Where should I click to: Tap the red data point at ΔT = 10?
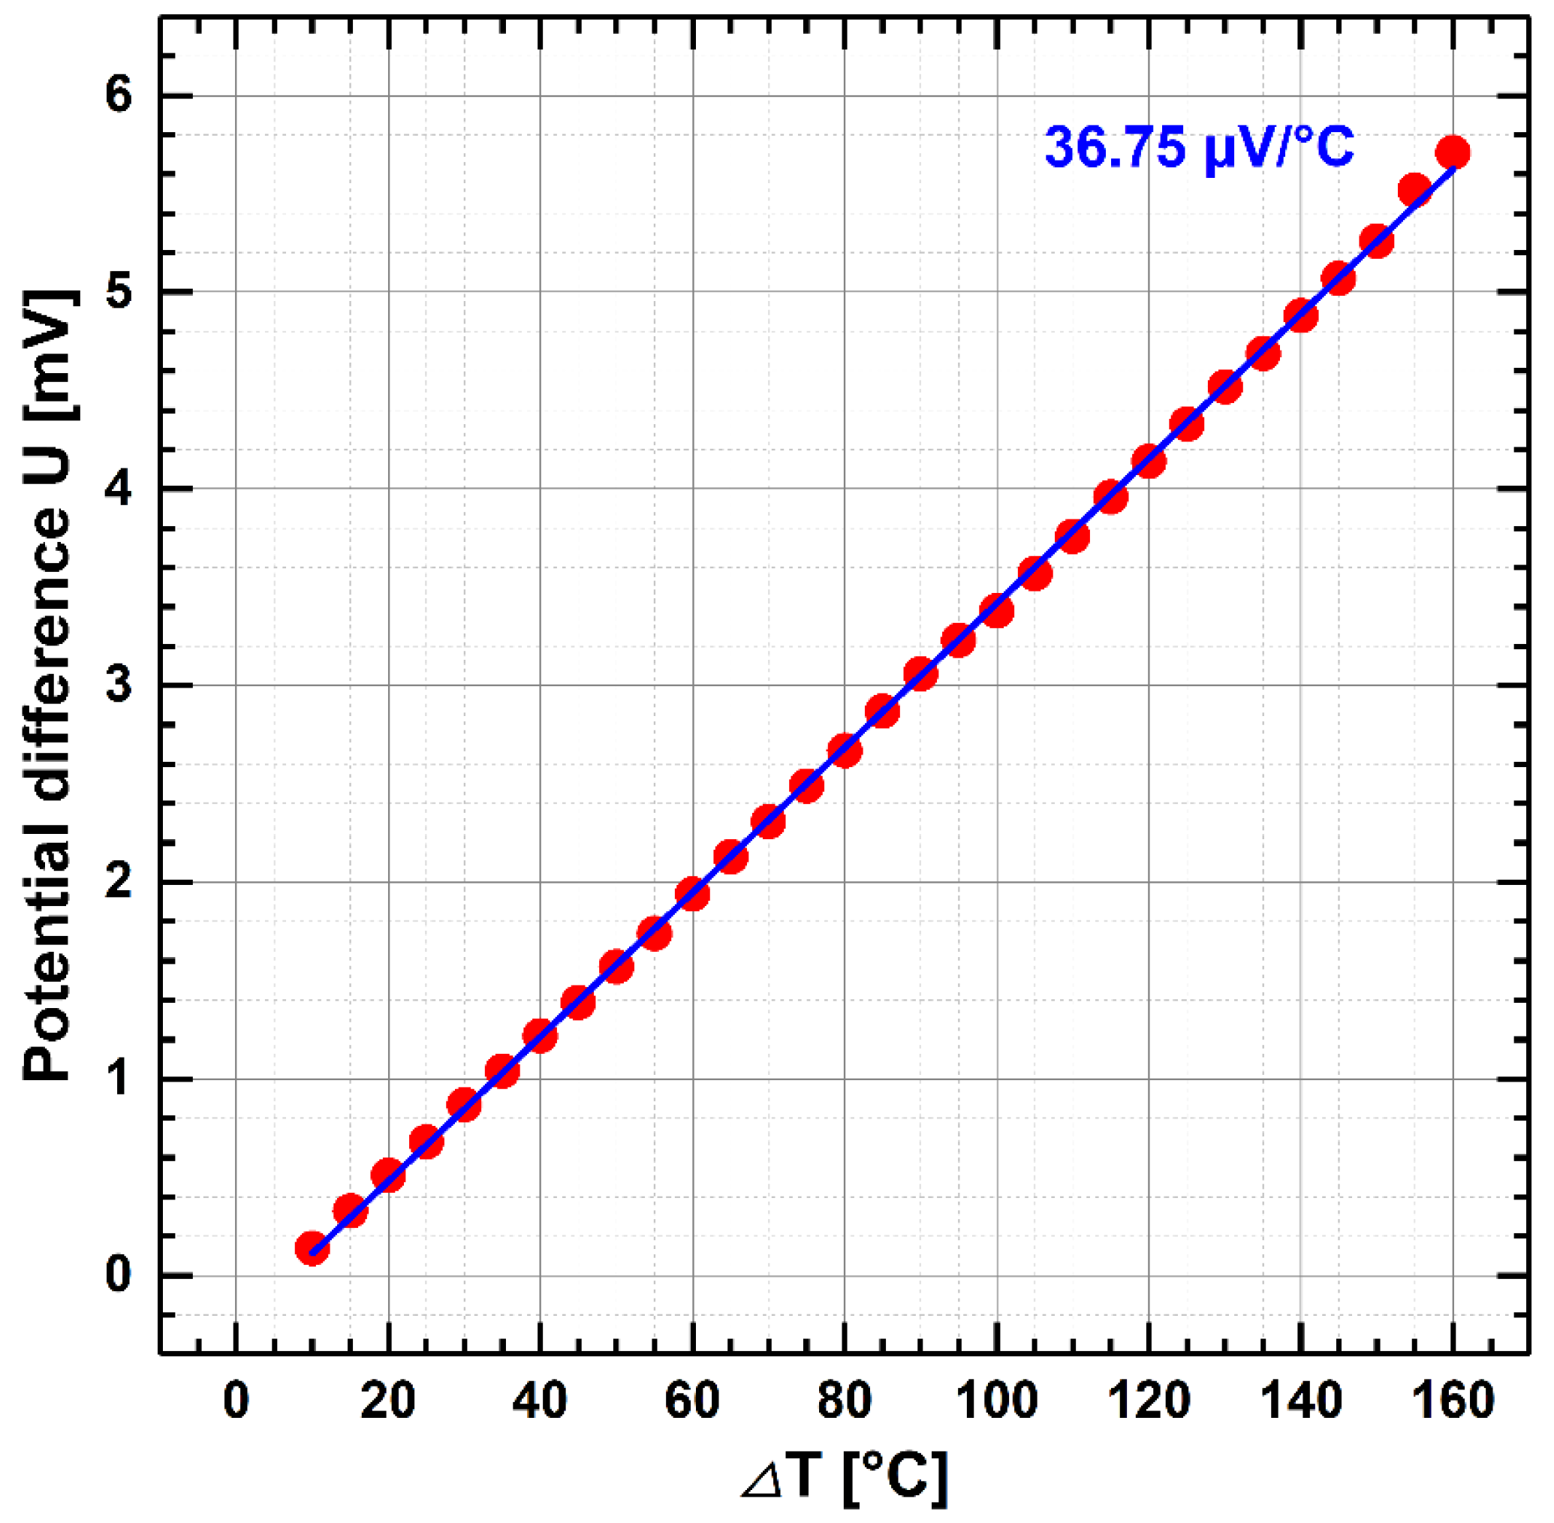312,1248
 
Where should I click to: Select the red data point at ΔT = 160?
1453,152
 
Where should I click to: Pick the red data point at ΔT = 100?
996,611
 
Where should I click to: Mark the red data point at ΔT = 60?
692,893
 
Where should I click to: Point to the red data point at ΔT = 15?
351,1211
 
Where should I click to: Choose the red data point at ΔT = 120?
1149,461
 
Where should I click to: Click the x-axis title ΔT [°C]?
845,1478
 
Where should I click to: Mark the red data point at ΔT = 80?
845,751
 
